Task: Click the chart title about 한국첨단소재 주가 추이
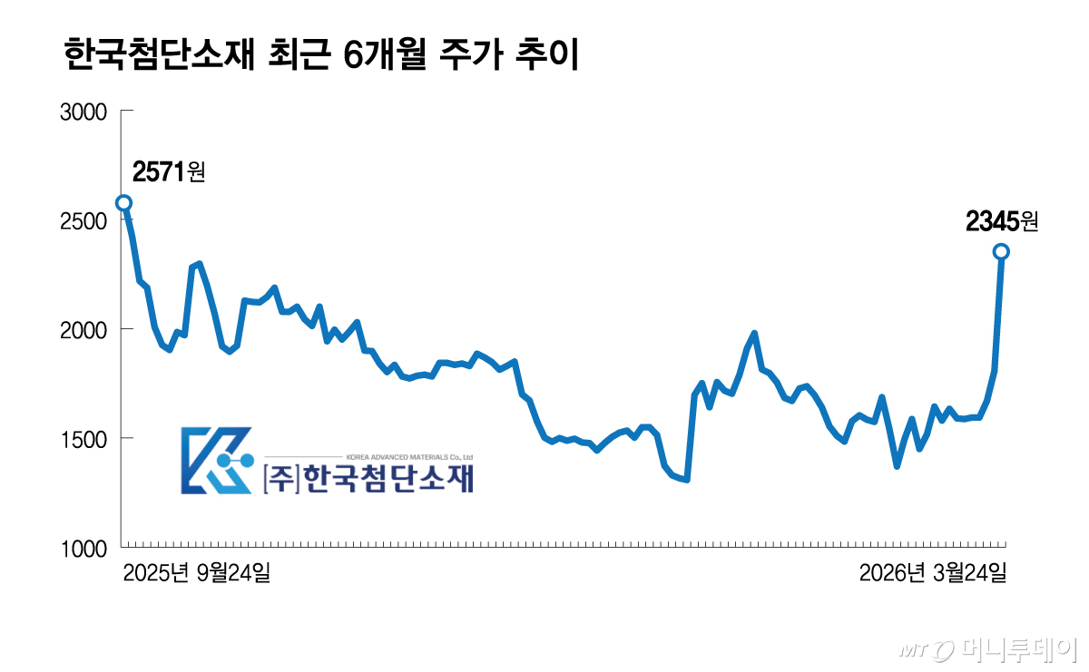click(x=322, y=55)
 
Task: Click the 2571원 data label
click(x=169, y=170)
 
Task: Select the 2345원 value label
click(x=1001, y=220)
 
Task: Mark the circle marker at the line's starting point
click(x=123, y=203)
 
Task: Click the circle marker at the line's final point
click(x=1001, y=251)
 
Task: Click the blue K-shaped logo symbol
click(x=216, y=461)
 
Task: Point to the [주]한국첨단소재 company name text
click(x=368, y=479)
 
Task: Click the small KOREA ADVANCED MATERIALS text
click(x=409, y=457)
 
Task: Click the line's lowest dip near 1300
click(x=687, y=479)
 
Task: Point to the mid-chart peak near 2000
click(x=754, y=334)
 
